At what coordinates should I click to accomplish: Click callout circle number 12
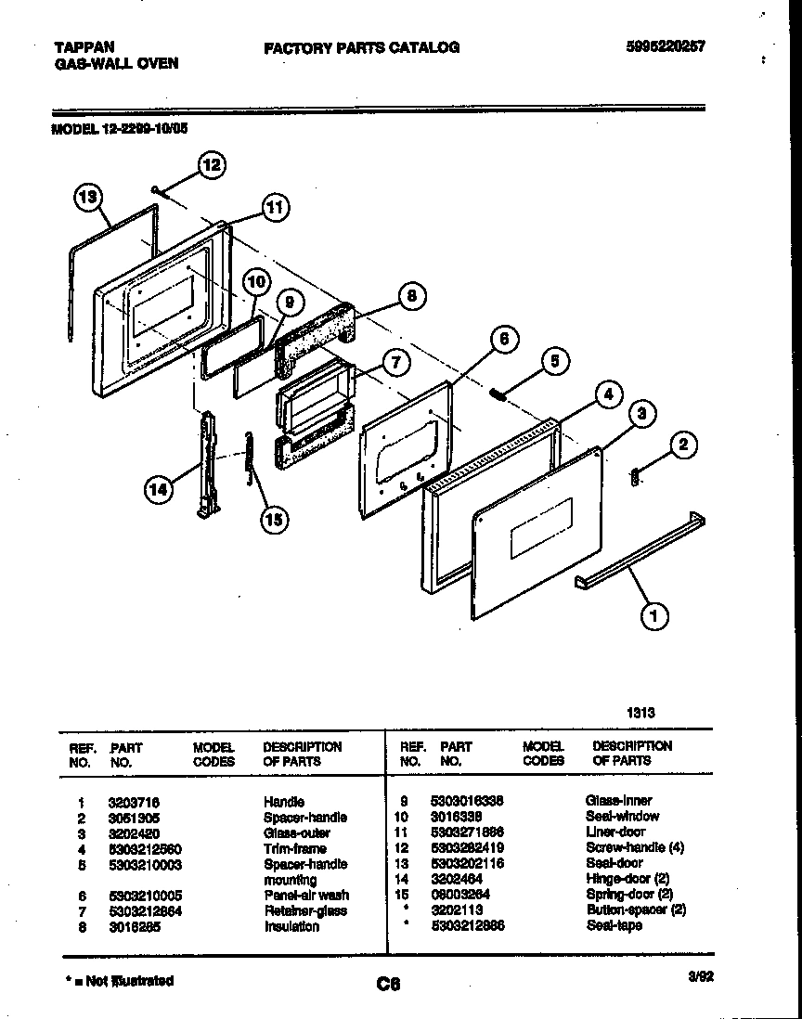(x=211, y=166)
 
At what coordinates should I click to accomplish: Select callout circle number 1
(x=654, y=614)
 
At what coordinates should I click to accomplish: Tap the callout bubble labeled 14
(x=161, y=489)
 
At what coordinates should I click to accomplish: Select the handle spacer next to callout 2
(x=635, y=476)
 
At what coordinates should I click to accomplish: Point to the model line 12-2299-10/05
(x=119, y=130)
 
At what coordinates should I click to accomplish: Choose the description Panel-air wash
(x=305, y=896)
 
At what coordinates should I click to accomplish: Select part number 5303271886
(x=467, y=832)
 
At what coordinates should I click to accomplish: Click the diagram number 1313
(x=640, y=713)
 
